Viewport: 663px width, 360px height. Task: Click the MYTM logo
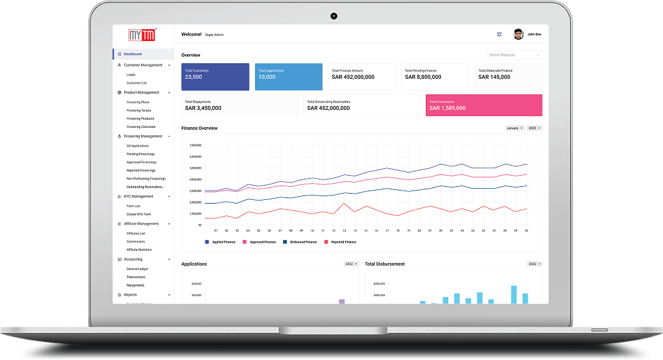coord(142,35)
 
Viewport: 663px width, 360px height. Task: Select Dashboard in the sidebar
coord(132,54)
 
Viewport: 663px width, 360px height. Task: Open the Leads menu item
coord(131,74)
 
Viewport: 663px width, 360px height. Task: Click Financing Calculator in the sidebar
coord(141,127)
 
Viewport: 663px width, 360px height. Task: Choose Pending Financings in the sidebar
coord(140,154)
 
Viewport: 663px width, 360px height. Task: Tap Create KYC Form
coord(138,214)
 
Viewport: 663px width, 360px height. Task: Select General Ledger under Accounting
coord(137,269)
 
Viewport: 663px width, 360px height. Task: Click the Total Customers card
coord(215,77)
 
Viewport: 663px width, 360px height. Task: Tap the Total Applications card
coord(289,77)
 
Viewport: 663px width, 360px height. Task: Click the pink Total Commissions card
coord(484,105)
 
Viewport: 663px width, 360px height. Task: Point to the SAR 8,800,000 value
coord(423,78)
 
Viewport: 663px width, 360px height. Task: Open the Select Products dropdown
coord(514,55)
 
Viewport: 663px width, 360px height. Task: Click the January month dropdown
coord(514,128)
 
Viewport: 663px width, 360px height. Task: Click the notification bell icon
coord(498,35)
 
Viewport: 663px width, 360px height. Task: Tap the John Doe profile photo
coord(518,34)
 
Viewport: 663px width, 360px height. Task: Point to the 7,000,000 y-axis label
coord(195,145)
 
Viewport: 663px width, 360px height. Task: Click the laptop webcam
coord(333,16)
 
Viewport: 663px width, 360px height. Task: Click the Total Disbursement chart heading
coord(385,264)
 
